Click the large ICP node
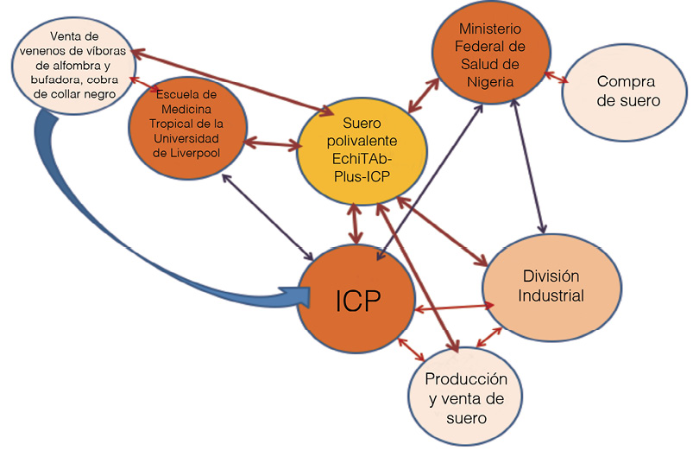tap(356, 300)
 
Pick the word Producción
tap(466, 380)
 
